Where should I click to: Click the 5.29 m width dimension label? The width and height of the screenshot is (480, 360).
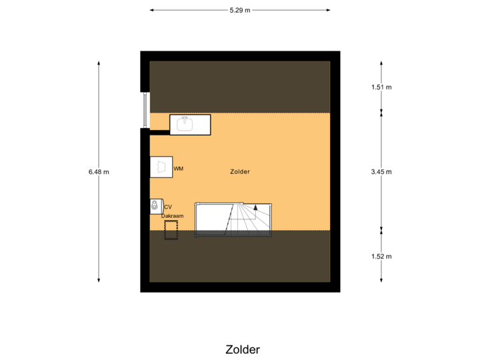click(240, 10)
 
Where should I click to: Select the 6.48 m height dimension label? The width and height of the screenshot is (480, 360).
click(99, 171)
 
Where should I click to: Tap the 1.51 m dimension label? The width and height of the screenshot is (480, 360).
click(381, 87)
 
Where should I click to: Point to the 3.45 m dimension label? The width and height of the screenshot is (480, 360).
click(381, 171)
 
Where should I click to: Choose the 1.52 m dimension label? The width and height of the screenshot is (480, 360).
click(381, 256)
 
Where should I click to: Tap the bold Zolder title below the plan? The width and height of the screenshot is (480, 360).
click(243, 349)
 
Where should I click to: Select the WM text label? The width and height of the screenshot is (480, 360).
click(178, 169)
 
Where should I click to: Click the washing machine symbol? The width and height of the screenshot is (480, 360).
click(161, 167)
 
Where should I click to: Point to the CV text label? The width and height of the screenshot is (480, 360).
click(167, 207)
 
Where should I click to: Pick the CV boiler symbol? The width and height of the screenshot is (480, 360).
click(155, 206)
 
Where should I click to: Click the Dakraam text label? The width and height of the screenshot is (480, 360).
click(172, 215)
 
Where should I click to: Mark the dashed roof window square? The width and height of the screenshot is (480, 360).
click(171, 229)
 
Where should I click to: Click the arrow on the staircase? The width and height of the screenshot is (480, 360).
click(255, 208)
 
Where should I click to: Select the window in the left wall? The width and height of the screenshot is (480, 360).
click(144, 109)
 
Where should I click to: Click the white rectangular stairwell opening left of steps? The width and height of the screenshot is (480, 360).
click(211, 220)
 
